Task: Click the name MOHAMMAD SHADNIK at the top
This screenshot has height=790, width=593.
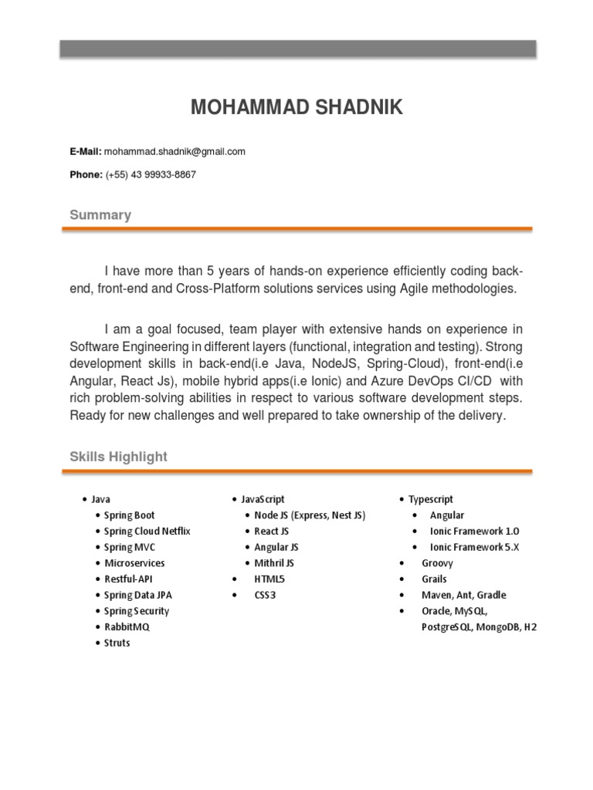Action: (296, 107)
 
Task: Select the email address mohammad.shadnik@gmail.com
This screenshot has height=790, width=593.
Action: (175, 151)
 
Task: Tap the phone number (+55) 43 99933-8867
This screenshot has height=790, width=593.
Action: (151, 174)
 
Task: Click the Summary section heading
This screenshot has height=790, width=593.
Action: (100, 214)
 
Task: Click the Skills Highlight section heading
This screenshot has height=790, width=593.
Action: (118, 457)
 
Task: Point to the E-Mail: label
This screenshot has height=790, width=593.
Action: (86, 151)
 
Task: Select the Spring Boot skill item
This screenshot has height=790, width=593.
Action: (129, 515)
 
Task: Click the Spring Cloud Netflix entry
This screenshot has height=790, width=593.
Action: (147, 532)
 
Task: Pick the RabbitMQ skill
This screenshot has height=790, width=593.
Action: (127, 627)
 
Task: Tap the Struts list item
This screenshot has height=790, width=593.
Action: (117, 643)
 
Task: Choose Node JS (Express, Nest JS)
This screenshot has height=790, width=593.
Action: (310, 515)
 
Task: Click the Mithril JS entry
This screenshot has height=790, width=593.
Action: (274, 563)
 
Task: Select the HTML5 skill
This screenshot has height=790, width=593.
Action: (269, 579)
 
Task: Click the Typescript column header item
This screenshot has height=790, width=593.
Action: (431, 500)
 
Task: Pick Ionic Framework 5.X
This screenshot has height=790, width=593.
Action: (475, 547)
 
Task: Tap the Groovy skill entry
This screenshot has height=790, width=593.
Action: (437, 563)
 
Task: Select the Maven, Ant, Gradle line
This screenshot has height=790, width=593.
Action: (463, 595)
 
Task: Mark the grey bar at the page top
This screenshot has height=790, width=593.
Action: (298, 49)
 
